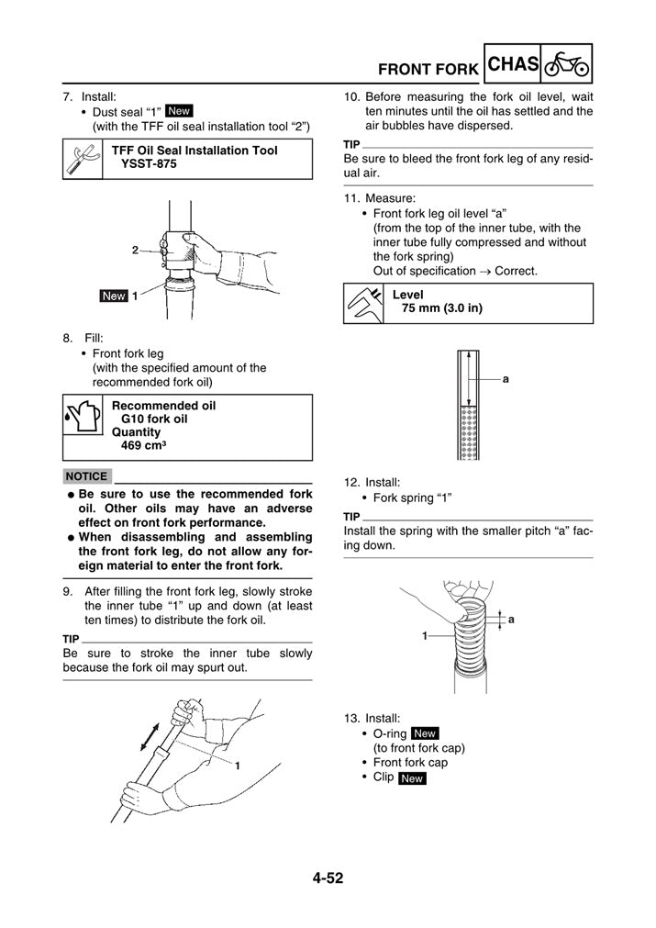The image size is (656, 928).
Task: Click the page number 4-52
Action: pos(328,878)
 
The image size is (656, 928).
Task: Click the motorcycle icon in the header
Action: pos(566,65)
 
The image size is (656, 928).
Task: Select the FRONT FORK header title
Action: pos(428,69)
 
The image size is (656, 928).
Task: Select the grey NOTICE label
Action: pos(87,476)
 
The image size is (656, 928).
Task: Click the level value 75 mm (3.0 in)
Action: pos(442,308)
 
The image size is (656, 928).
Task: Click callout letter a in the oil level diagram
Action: pos(506,378)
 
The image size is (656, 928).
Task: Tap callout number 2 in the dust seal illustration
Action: pos(135,250)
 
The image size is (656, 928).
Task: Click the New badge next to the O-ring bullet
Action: pos(425,733)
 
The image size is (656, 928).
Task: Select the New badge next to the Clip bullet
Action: pos(412,778)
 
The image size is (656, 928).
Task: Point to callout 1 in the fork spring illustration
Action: pos(426,635)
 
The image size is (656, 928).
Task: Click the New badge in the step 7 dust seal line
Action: pos(179,110)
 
